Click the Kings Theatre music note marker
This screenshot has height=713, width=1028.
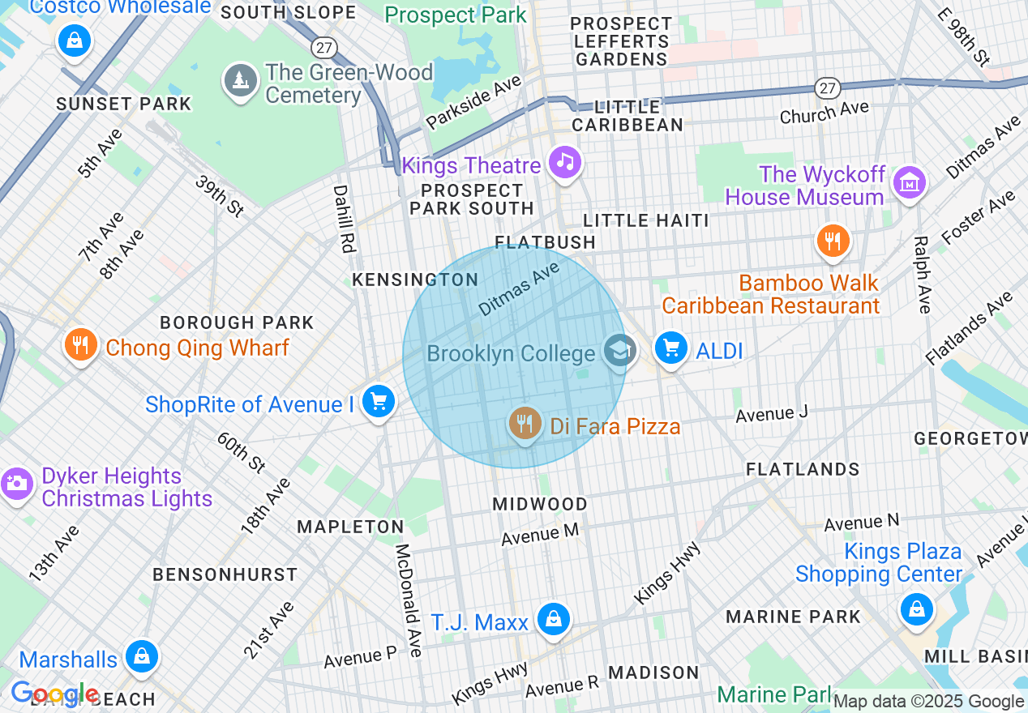click(565, 162)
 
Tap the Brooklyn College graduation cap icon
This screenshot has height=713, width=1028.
click(620, 352)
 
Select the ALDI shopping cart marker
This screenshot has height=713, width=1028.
click(670, 348)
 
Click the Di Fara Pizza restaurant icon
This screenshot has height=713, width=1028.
click(525, 423)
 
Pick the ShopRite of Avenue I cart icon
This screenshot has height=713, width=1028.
click(378, 401)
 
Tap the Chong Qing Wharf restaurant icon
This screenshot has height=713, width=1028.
click(79, 345)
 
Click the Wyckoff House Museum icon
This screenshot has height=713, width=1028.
click(910, 182)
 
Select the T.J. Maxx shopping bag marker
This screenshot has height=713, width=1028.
click(553, 620)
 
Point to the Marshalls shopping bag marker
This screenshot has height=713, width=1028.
click(142, 656)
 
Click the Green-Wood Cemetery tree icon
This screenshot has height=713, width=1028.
click(240, 80)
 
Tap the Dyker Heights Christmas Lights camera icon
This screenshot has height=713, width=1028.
click(15, 484)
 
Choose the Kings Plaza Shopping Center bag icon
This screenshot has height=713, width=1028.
click(916, 608)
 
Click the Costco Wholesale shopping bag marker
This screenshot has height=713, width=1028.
click(75, 39)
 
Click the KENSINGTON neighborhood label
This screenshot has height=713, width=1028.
click(415, 280)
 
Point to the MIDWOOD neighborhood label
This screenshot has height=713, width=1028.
click(540, 504)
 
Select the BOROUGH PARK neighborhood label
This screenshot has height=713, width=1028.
click(237, 322)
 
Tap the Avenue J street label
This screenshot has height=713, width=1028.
click(771, 414)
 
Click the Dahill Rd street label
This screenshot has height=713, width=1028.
click(344, 219)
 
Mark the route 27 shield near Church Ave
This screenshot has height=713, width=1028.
click(827, 88)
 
